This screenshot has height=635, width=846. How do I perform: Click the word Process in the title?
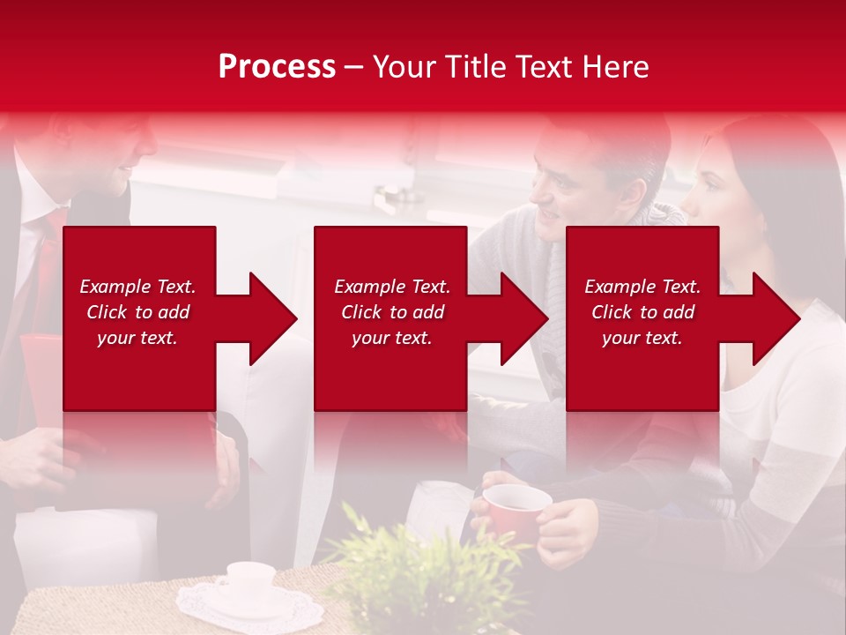277,67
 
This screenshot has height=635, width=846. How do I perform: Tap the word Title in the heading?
476,67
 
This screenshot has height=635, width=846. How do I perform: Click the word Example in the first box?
115,287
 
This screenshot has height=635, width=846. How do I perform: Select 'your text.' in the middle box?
391,338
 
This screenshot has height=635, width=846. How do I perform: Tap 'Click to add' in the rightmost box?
642,312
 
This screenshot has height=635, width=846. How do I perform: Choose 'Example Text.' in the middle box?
391,287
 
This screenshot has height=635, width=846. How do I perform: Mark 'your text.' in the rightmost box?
642,338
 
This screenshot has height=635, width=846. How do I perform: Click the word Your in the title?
405,67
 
